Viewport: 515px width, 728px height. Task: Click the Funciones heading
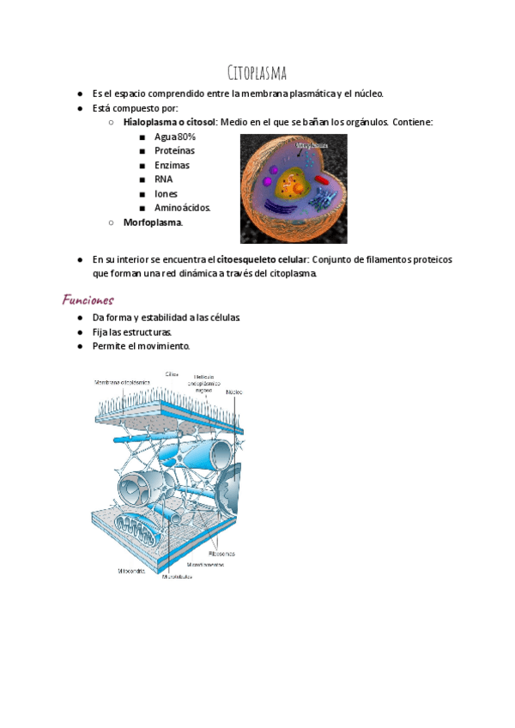point(88,300)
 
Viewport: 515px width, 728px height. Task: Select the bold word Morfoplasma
point(152,222)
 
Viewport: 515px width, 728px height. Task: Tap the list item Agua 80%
point(175,137)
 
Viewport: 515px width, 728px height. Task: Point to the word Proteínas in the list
point(174,151)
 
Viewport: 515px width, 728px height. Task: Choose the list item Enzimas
point(172,166)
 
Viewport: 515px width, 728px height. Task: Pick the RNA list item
point(163,179)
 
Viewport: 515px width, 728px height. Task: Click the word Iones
point(166,194)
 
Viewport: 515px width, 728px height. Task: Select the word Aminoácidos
point(182,208)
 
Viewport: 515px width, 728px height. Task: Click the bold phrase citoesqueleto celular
point(262,259)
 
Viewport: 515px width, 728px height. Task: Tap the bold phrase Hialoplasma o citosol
point(169,123)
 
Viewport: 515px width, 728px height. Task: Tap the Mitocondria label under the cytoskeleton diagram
point(133,569)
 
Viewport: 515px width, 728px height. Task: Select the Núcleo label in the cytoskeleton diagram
point(233,391)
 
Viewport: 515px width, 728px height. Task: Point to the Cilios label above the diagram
point(172,373)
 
